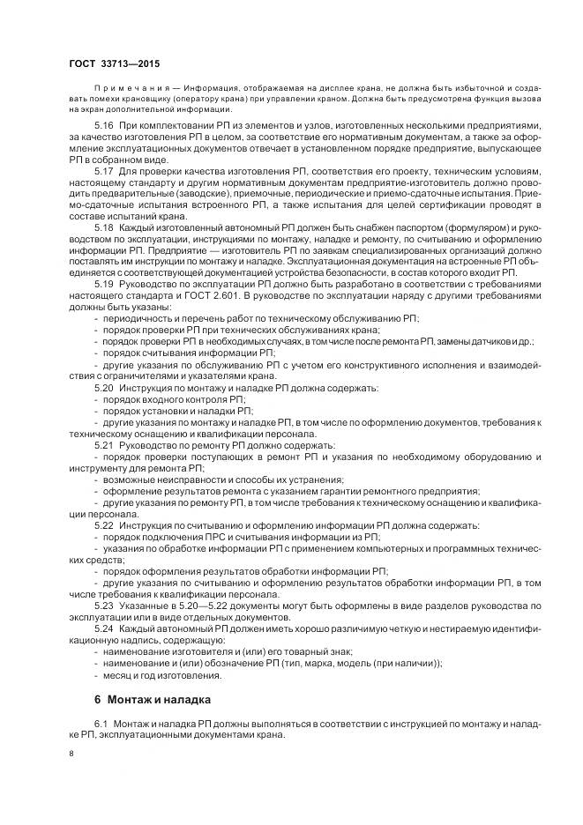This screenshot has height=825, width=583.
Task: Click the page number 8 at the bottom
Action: (x=71, y=754)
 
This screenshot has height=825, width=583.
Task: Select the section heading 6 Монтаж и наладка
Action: (x=153, y=701)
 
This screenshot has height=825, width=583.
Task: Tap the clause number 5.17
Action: (x=104, y=169)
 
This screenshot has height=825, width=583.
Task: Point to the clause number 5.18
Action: (x=104, y=227)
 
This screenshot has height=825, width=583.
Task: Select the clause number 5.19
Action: (x=104, y=286)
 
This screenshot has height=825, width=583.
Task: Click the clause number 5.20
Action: (x=104, y=388)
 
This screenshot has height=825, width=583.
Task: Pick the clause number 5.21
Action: (x=104, y=446)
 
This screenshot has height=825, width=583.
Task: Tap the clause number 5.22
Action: (x=104, y=524)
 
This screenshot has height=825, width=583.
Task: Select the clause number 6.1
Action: (x=100, y=724)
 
